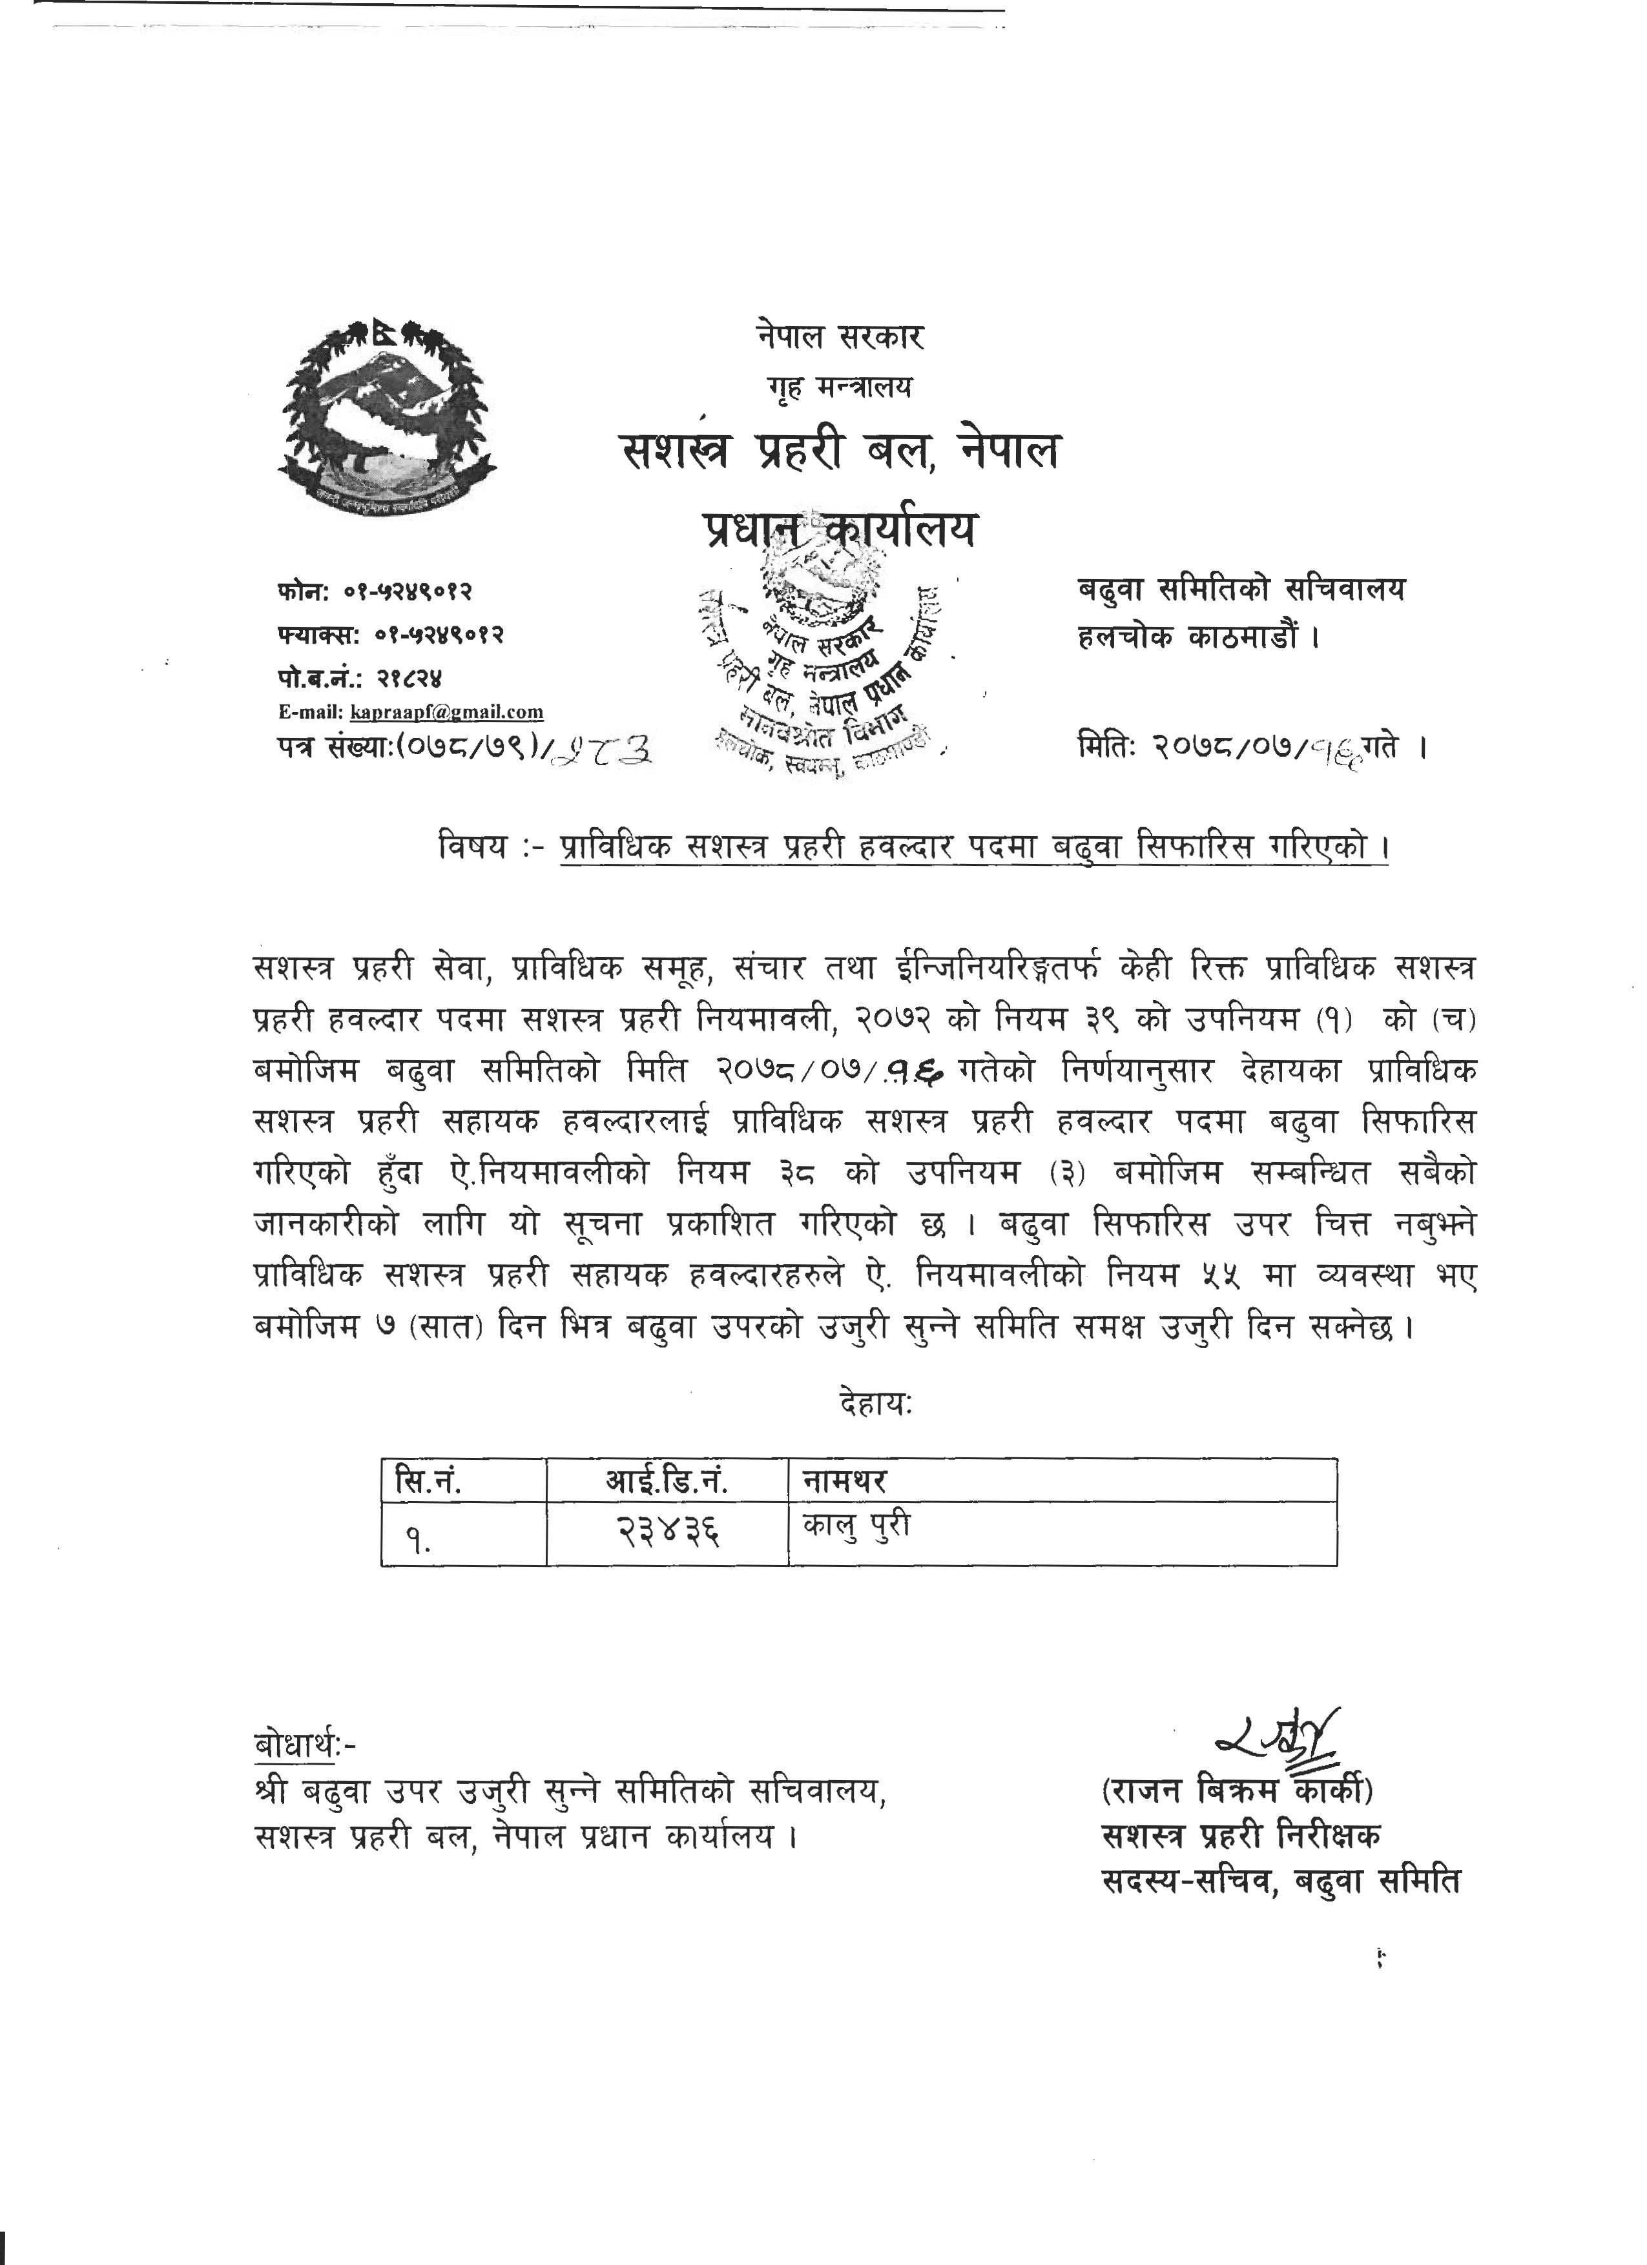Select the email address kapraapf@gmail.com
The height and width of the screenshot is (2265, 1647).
click(x=446, y=712)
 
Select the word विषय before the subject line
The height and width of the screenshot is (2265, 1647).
click(x=472, y=848)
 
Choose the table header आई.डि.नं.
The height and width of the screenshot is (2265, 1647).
click(x=666, y=1480)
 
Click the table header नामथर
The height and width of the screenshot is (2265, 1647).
click(x=845, y=1480)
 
